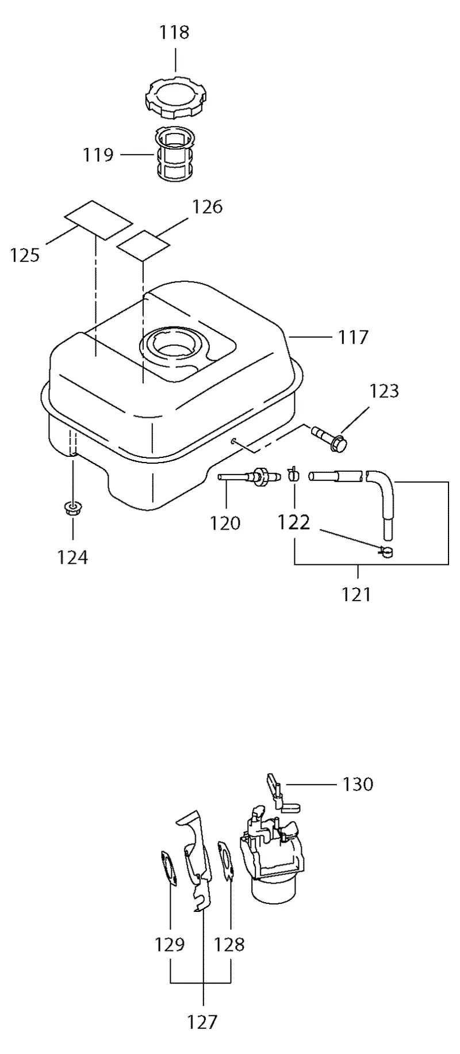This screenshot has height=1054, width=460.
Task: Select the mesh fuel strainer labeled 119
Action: click(x=176, y=154)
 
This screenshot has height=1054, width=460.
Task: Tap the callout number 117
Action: click(x=352, y=337)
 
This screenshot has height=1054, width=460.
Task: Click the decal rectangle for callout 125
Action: click(x=98, y=219)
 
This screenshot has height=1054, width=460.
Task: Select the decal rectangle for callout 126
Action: click(x=143, y=245)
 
